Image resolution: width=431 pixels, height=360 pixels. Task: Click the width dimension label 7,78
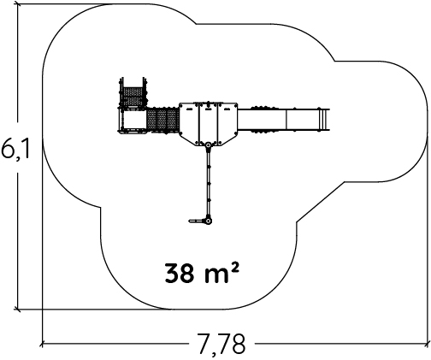[x=221, y=344]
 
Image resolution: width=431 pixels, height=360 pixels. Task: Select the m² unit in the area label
[x=221, y=272]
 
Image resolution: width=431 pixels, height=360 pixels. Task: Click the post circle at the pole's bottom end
[x=209, y=221]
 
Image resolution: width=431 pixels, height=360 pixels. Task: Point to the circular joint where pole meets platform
[x=209, y=145]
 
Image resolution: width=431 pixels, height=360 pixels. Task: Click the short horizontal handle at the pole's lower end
[x=197, y=221]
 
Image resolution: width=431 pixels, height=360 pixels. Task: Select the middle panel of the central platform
[x=209, y=124]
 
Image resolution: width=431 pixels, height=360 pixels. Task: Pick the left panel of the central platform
[x=189, y=122]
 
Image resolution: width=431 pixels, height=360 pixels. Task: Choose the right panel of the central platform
[x=227, y=122]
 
